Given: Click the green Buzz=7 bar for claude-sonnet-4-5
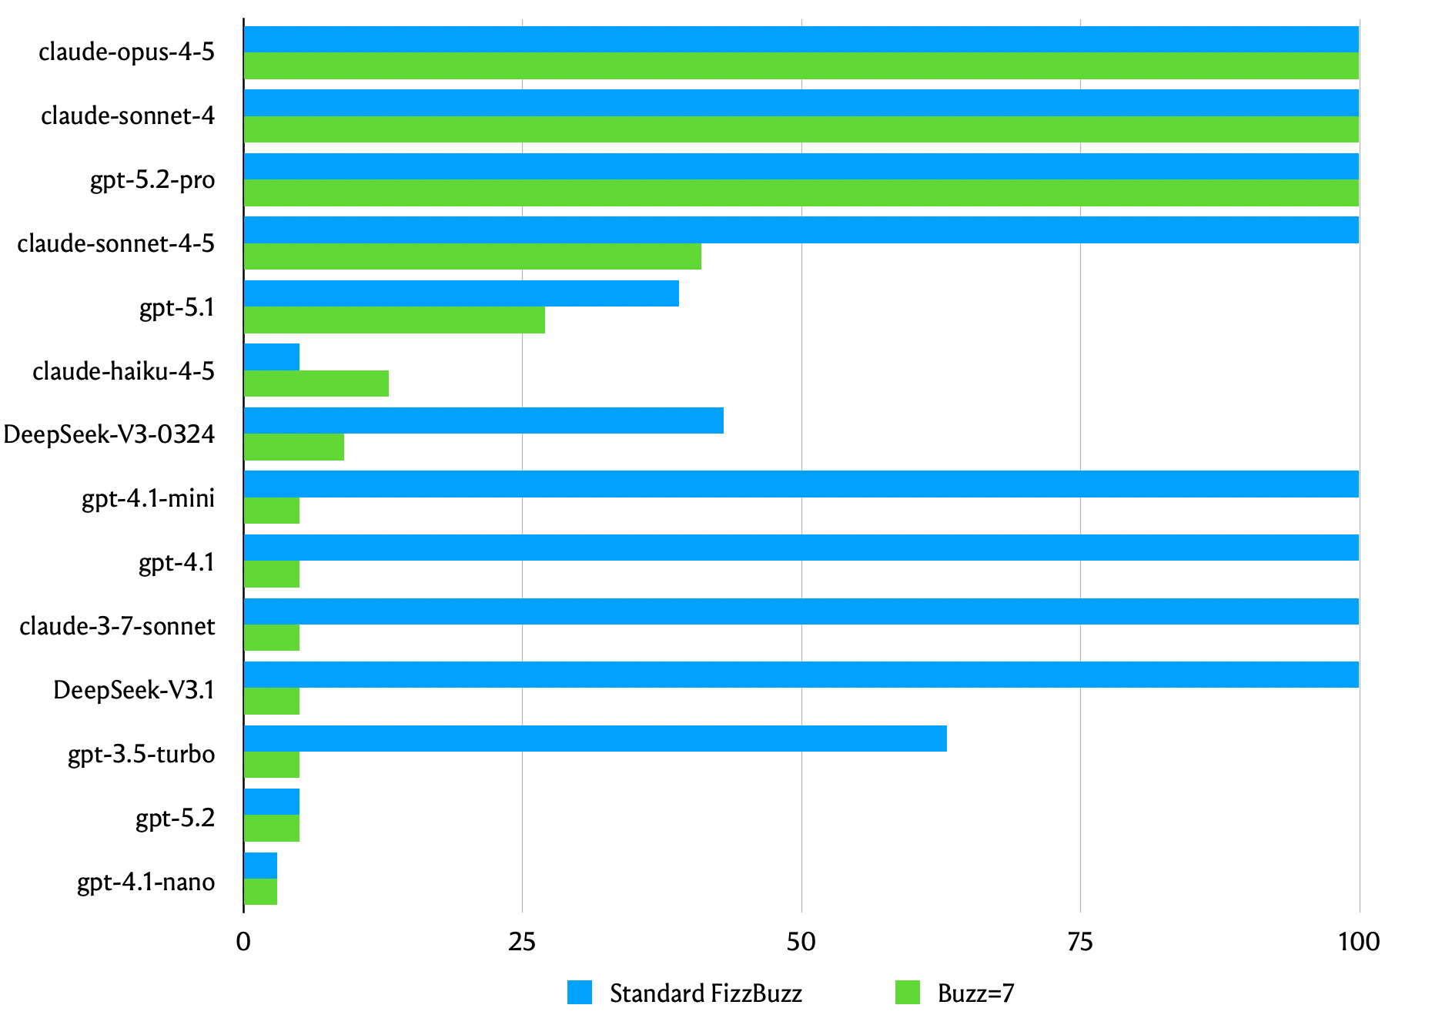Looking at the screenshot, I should pos(472,256).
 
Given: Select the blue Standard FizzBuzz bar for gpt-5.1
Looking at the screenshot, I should pos(461,293).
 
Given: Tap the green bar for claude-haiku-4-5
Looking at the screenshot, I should pos(316,384).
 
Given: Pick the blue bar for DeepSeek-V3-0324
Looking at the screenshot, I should pos(483,420).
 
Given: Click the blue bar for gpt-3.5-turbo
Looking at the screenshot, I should pos(595,739).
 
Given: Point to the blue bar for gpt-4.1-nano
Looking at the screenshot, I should pos(260,866).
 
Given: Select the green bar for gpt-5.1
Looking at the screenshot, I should pos(394,320).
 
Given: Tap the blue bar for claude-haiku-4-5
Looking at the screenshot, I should pos(272,357).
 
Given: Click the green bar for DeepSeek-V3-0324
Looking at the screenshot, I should pos(293,447).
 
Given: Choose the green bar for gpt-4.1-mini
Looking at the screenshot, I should pos(272,511).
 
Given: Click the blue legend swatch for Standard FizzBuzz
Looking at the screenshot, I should pos(580,993).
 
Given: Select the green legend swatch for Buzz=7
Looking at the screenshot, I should pos(908,993).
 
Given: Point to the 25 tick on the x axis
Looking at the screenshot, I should pos(522,942).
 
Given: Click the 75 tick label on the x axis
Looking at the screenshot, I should pos(1080,942).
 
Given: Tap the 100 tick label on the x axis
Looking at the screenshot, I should pos(1359,942).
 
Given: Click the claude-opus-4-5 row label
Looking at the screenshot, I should pos(127,52).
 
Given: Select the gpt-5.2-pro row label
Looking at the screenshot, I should pos(152,180).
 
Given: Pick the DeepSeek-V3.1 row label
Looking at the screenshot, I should pos(134,690).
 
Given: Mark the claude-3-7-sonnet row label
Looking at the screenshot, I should pos(117,626).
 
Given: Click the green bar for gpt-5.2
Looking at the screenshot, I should pos(272,829).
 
